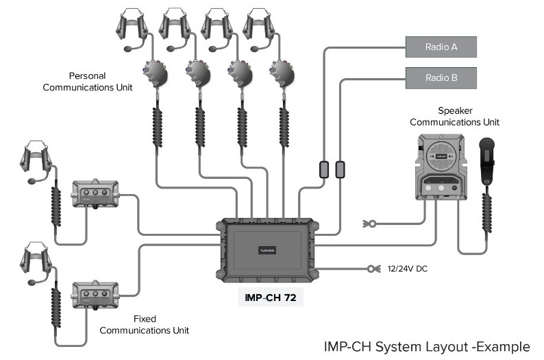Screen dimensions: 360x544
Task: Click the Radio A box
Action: click(441, 47)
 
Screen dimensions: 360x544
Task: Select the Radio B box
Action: click(441, 77)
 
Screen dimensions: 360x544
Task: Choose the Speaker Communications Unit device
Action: click(442, 166)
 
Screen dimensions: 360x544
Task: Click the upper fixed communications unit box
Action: click(95, 195)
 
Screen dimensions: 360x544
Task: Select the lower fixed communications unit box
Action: click(95, 296)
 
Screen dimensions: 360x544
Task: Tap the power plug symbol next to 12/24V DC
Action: click(373, 269)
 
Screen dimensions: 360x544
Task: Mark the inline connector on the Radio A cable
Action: click(324, 169)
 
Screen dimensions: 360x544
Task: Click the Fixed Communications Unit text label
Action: click(145, 324)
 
